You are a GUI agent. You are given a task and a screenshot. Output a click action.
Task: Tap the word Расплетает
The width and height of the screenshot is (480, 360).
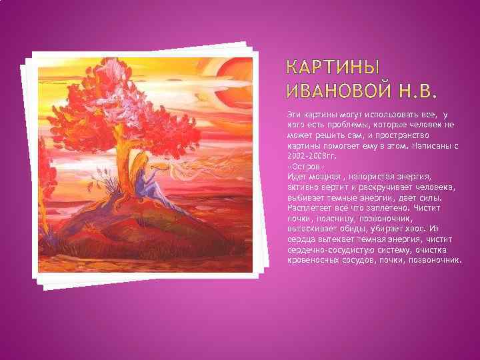tap(309, 208)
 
